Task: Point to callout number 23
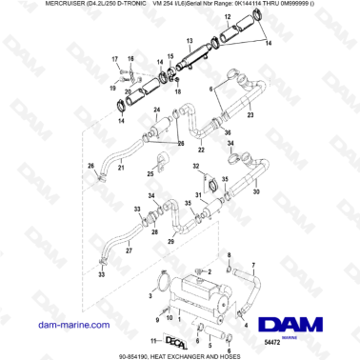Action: tap(250, 115)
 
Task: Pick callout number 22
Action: tap(201, 150)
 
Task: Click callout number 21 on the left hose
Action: tap(121, 168)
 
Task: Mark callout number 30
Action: tap(255, 190)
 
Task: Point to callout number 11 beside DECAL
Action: tap(152, 340)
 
